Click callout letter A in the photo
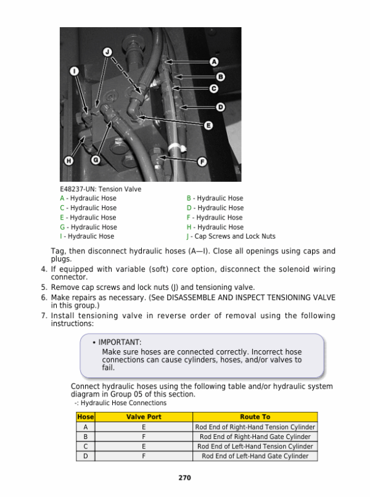point(215,62)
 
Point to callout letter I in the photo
point(73,72)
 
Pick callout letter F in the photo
point(202,162)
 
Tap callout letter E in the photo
point(208,125)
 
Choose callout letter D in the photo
point(220,107)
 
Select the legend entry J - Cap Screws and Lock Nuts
point(231,236)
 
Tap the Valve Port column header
point(144,417)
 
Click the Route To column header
point(255,417)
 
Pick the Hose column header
point(85,417)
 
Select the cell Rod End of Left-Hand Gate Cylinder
point(255,456)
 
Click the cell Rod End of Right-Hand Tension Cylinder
point(255,427)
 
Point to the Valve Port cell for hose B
point(144,437)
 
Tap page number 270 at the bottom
point(184,477)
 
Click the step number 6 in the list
point(44,297)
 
